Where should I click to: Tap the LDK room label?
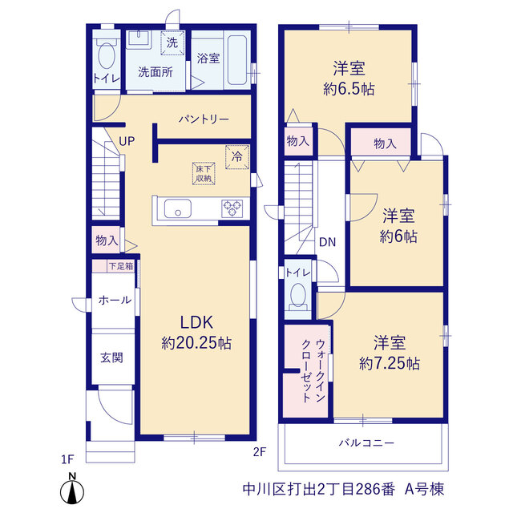[x=196, y=322]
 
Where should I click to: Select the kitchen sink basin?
[x=178, y=208]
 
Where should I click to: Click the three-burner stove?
[x=232, y=208]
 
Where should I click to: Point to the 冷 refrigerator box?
[x=237, y=157]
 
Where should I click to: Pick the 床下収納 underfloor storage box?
[x=204, y=173]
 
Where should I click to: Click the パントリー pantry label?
[x=204, y=119]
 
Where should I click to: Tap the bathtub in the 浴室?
[x=237, y=60]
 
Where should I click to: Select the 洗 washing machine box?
[x=172, y=42]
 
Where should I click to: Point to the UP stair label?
[x=127, y=141]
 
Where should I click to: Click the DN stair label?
[x=328, y=242]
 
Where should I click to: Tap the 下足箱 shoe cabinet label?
[x=121, y=266]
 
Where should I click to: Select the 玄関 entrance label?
[x=112, y=357]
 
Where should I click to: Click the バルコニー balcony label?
[x=366, y=443]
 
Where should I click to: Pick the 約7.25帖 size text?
[x=390, y=363]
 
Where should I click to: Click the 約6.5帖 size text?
[x=349, y=89]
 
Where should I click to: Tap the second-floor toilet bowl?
[x=298, y=295]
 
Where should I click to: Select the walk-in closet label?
[x=313, y=370]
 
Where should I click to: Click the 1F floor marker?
[x=67, y=459]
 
